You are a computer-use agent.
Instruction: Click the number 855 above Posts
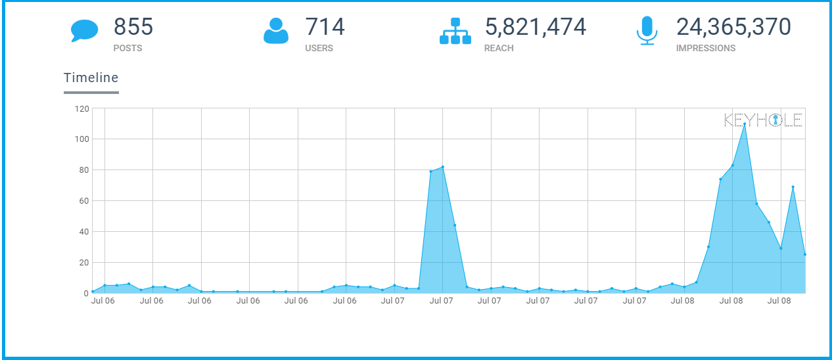pyautogui.click(x=133, y=27)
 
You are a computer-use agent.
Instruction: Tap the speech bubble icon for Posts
pyautogui.click(x=84, y=30)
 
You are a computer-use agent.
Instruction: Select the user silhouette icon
pyautogui.click(x=276, y=30)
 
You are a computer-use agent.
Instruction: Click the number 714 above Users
pyautogui.click(x=325, y=27)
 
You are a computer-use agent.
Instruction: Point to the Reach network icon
pyautogui.click(x=455, y=31)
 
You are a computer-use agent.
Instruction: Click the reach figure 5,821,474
pyautogui.click(x=535, y=27)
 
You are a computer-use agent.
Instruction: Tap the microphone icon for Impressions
pyautogui.click(x=647, y=30)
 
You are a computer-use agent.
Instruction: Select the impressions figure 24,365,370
pyautogui.click(x=733, y=27)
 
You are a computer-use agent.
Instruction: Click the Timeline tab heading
pyautogui.click(x=91, y=78)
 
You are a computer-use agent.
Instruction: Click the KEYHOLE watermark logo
pyautogui.click(x=763, y=120)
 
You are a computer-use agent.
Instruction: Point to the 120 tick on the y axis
pyautogui.click(x=81, y=108)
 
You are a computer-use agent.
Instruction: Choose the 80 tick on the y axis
pyautogui.click(x=83, y=170)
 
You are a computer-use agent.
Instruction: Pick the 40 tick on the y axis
pyautogui.click(x=83, y=232)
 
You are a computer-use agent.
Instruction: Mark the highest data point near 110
pyautogui.click(x=745, y=124)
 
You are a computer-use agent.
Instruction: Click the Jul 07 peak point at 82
pyautogui.click(x=443, y=167)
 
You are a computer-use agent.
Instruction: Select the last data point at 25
pyautogui.click(x=804, y=254)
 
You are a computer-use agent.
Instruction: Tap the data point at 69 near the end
pyautogui.click(x=793, y=187)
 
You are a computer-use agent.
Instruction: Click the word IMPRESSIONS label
pyautogui.click(x=706, y=48)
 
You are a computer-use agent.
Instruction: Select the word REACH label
pyautogui.click(x=499, y=48)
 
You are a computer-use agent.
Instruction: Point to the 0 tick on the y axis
pyautogui.click(x=85, y=294)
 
